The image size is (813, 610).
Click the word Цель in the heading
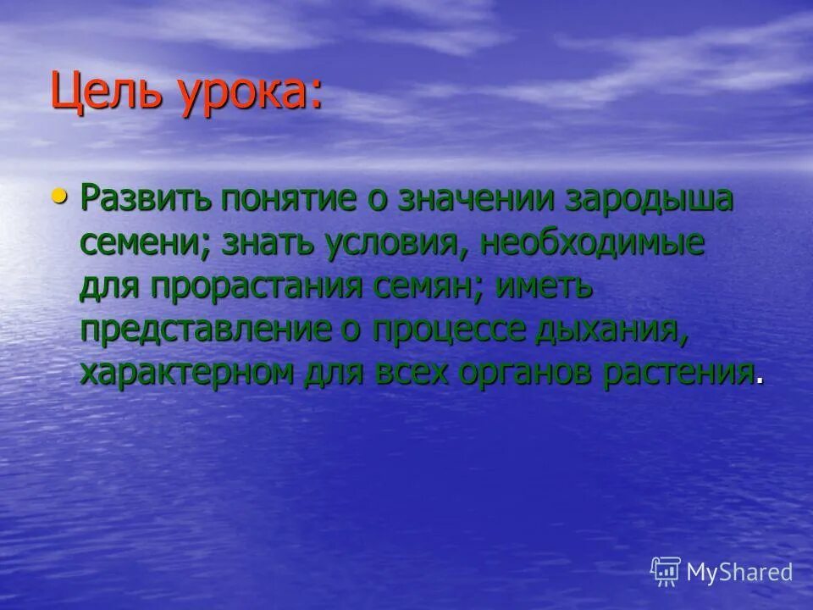pyautogui.click(x=107, y=92)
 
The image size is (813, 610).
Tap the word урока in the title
pyautogui.click(x=251, y=92)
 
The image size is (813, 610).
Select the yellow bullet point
pyautogui.click(x=58, y=197)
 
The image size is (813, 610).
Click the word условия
pyautogui.click(x=394, y=245)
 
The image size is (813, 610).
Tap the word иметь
pyautogui.click(x=544, y=287)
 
